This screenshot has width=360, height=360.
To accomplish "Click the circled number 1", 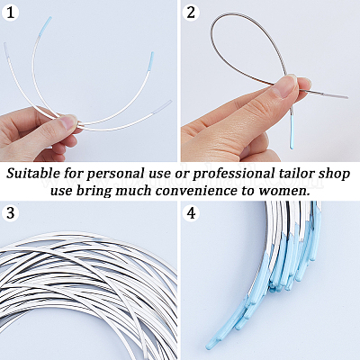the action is click(x=10, y=13).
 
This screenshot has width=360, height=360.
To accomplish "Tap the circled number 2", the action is click(x=191, y=13).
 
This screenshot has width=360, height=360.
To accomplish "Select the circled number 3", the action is click(x=10, y=213).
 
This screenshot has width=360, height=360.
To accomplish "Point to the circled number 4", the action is click(x=191, y=213).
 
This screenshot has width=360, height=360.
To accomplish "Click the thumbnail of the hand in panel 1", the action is click(x=68, y=121).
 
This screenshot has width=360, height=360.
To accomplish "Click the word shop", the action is click(x=335, y=175).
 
